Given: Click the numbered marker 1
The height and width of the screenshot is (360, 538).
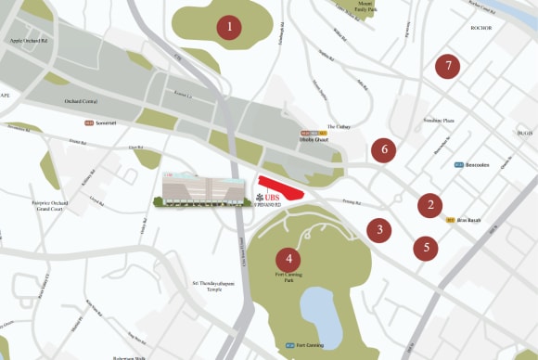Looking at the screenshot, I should (229, 28).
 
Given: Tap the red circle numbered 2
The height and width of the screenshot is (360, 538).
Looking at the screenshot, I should (429, 205).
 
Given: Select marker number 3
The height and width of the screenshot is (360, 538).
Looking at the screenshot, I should (378, 229).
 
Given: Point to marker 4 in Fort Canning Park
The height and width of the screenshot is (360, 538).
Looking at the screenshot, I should (289, 259).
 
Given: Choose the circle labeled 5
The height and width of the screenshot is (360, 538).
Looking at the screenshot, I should (426, 248).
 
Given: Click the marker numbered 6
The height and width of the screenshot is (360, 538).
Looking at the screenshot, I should (383, 149).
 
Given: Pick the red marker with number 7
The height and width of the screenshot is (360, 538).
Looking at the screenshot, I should (448, 66).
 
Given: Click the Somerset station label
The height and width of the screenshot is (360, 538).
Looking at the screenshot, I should (102, 122).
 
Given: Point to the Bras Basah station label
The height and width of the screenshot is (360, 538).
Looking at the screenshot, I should (468, 220).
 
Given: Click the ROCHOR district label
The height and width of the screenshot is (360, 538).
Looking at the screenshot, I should (480, 28).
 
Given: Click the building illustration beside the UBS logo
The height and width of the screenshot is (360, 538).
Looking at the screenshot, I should (200, 189).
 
